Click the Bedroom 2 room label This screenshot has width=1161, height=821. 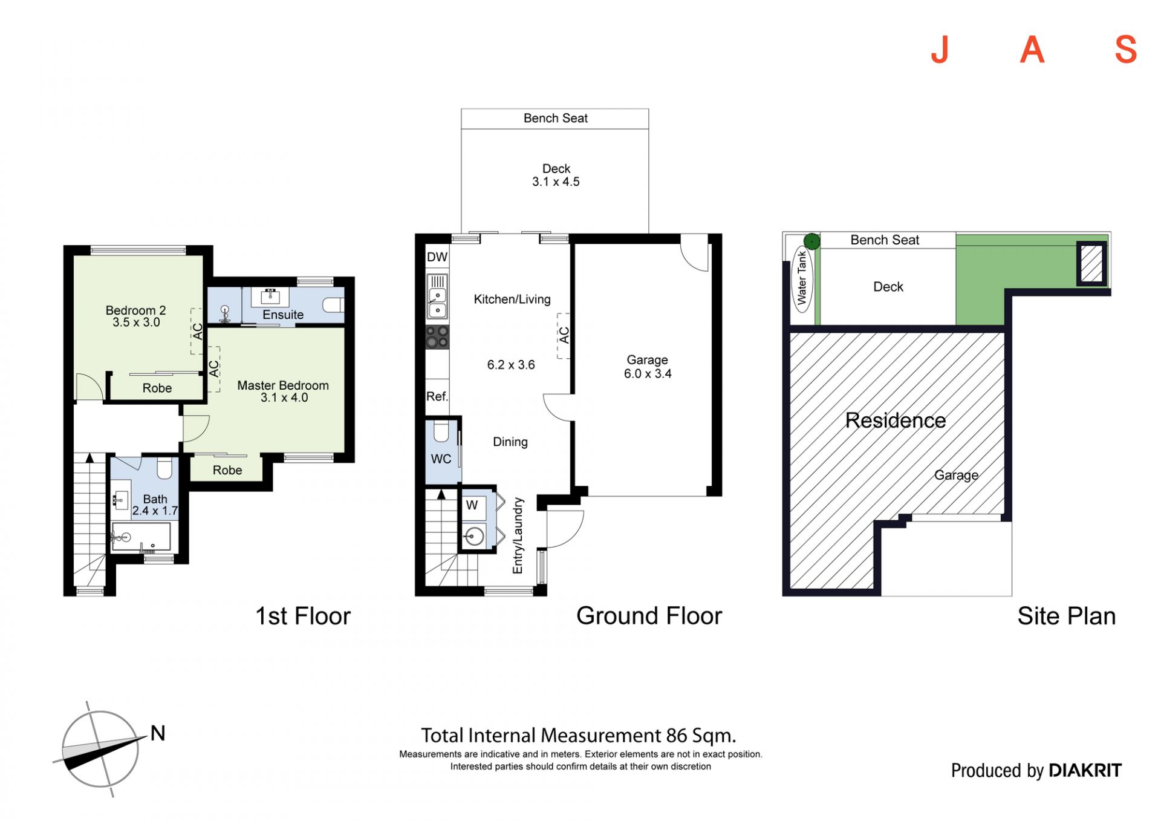(x=135, y=310)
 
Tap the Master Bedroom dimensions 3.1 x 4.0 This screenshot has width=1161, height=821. (x=284, y=397)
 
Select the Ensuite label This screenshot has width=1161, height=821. (x=283, y=315)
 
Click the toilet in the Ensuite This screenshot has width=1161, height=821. (x=333, y=304)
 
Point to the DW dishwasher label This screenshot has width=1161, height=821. (x=437, y=257)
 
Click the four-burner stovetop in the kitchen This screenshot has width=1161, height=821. (x=437, y=337)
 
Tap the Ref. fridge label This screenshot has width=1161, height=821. (x=437, y=396)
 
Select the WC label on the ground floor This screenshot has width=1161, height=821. (x=441, y=459)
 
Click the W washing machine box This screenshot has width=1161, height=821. (x=472, y=505)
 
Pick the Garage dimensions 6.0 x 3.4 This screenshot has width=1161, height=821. (x=648, y=374)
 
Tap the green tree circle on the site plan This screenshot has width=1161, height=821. (x=812, y=242)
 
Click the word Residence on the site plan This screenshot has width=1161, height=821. (x=896, y=420)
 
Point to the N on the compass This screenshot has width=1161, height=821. (x=158, y=733)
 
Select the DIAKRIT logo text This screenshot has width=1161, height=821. (x=1085, y=770)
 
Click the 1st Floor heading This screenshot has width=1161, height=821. (x=303, y=616)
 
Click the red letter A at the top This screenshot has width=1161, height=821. (x=1032, y=49)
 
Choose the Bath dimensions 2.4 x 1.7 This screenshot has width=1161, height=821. (x=155, y=511)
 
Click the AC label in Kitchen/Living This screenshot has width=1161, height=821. (x=564, y=335)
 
